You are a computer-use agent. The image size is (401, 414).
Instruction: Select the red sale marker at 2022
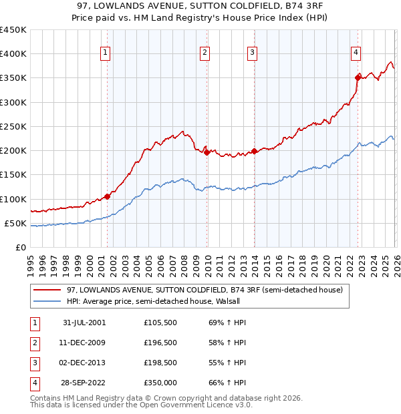[x=358, y=77]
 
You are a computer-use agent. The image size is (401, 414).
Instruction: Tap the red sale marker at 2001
[x=108, y=196]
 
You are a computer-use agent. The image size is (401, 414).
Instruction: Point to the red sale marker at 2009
[x=207, y=152]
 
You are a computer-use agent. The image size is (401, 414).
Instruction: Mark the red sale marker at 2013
[x=254, y=151]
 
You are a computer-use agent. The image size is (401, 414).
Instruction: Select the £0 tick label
[x=19, y=248]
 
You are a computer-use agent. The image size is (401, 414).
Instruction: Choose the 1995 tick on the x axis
[x=31, y=263]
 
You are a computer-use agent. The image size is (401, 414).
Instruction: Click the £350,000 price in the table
[x=160, y=383]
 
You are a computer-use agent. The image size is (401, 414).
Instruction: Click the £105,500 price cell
[x=160, y=323]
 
